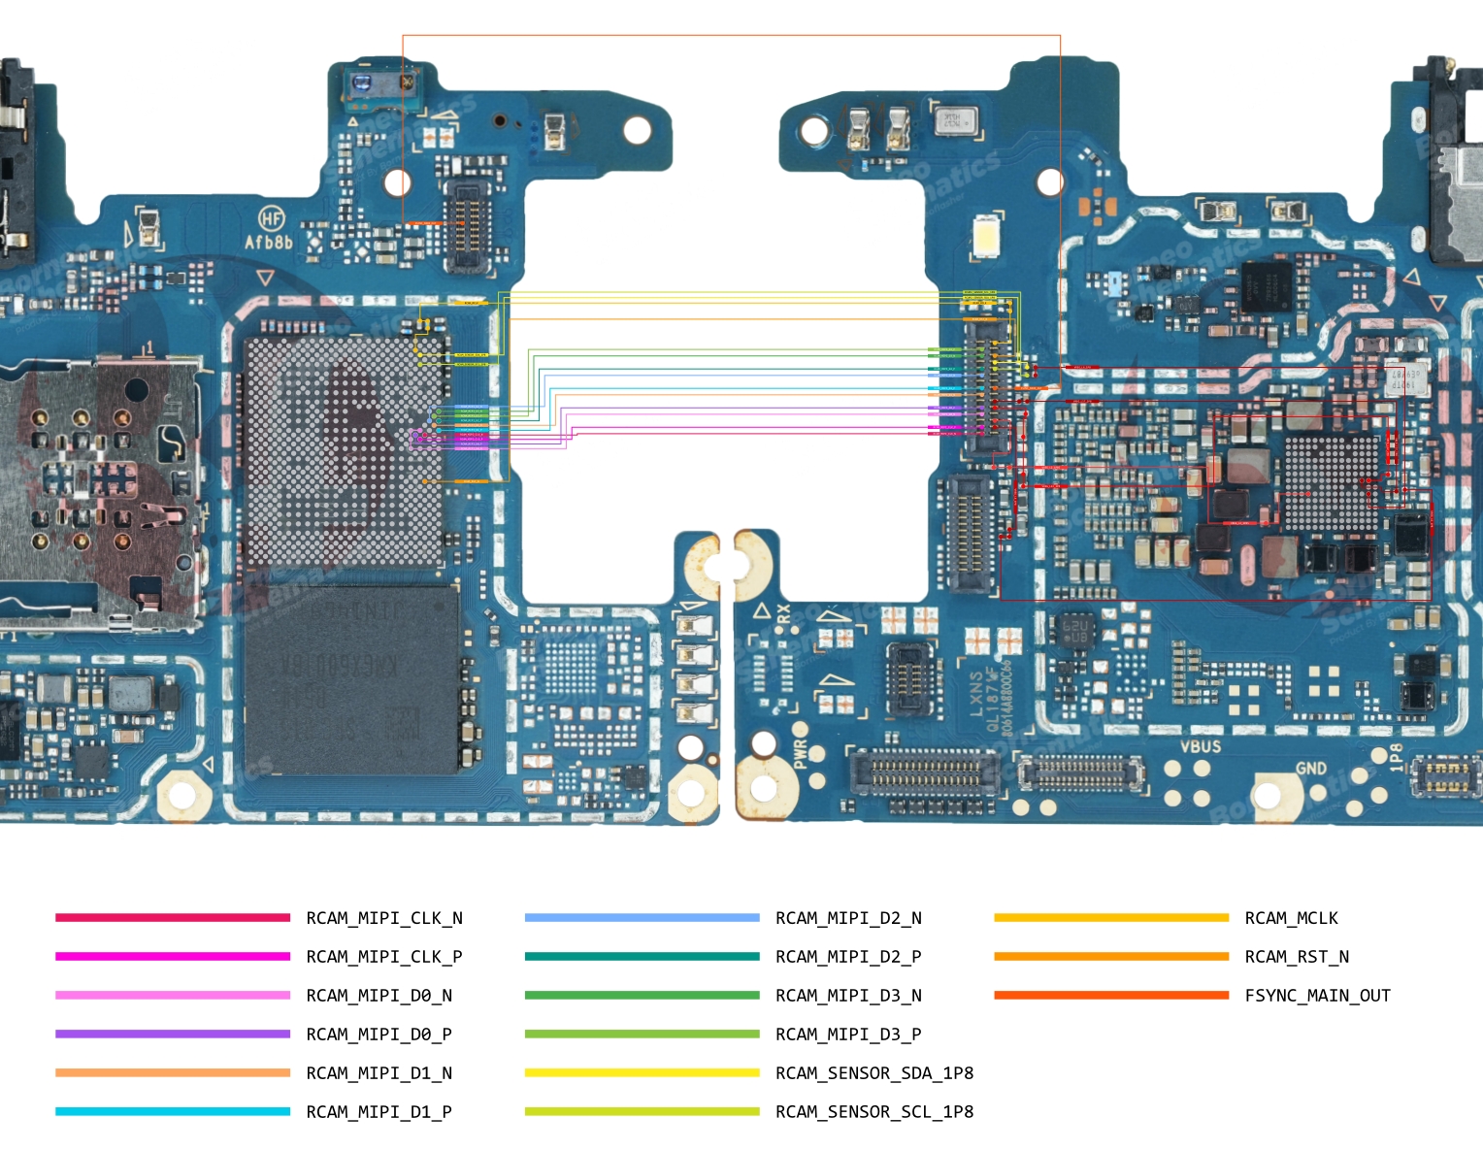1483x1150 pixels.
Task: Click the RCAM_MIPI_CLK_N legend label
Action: (x=384, y=918)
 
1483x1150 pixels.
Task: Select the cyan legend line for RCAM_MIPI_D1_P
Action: (x=173, y=1111)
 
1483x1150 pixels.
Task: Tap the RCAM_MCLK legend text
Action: (x=1291, y=918)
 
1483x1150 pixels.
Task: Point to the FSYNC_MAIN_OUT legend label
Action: (x=1317, y=996)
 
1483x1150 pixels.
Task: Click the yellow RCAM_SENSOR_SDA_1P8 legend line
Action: (x=642, y=1072)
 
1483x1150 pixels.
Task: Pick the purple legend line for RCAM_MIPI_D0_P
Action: (x=173, y=1034)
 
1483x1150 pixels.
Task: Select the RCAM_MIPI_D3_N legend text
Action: (x=848, y=996)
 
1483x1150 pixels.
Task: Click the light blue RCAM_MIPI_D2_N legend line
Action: (x=642, y=917)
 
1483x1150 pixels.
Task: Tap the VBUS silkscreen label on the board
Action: (x=1200, y=746)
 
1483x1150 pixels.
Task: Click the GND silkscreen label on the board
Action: (x=1311, y=768)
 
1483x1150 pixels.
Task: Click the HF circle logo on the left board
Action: (x=271, y=218)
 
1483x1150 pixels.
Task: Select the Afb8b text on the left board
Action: (x=268, y=243)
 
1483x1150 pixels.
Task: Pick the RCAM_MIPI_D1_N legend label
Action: (x=379, y=1073)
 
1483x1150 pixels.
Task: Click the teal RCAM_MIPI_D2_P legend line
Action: (x=642, y=956)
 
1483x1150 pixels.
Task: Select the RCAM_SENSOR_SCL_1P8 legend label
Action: (x=873, y=1112)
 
